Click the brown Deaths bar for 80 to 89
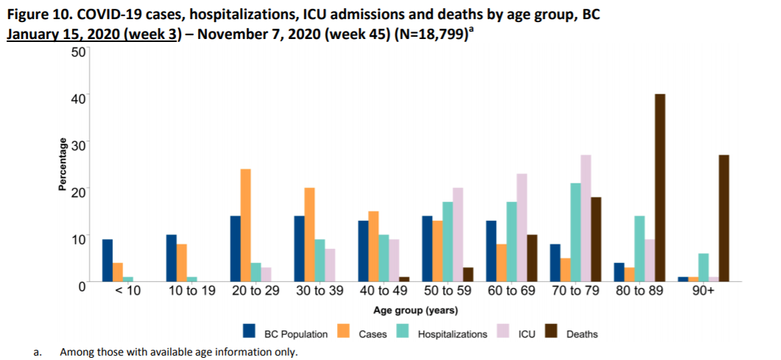660,188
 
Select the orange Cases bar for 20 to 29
246,225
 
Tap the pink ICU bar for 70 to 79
586,218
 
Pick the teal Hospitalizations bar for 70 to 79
576,232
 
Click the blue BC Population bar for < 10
107,260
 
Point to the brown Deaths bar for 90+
724,218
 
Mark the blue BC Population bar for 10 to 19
172,258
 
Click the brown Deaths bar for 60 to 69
533,258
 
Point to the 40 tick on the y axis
78,96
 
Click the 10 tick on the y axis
78,239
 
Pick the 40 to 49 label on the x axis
383,292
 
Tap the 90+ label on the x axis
704,292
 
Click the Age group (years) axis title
416,309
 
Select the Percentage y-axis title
63,165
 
